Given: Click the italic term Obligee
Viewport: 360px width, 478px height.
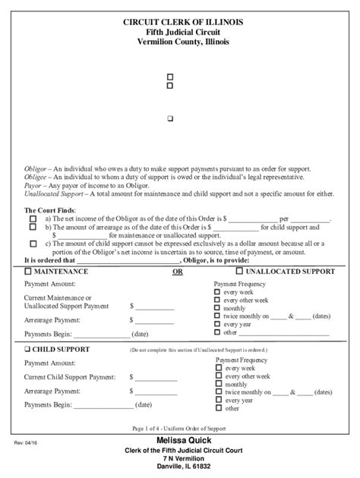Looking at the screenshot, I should point(36,176).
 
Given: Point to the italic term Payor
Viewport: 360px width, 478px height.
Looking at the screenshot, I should point(33,184).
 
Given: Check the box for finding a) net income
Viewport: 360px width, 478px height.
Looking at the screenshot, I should point(33,219).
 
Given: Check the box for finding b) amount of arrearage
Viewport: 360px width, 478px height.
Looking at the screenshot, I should point(33,227).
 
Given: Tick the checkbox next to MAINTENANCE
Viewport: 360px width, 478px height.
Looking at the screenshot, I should point(28,271).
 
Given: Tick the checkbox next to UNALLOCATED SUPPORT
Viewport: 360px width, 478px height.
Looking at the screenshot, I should point(239,271).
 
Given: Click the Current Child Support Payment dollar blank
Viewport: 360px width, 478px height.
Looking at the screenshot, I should point(155,376).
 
